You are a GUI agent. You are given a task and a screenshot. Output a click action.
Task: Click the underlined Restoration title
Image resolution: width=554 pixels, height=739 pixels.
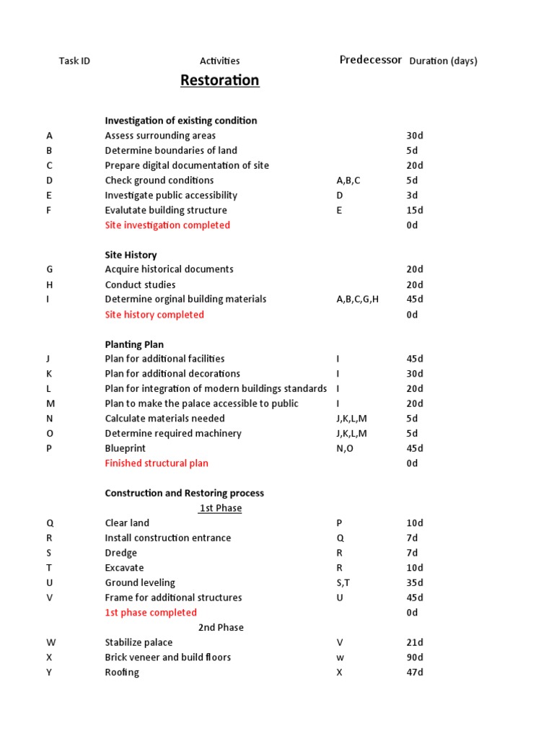click(219, 80)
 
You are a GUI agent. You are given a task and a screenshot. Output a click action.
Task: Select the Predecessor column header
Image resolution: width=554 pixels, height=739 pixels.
click(370, 60)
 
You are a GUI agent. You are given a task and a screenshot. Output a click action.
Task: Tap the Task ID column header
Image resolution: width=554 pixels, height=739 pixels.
click(74, 61)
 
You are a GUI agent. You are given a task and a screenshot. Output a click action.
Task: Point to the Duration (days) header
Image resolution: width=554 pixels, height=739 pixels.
click(443, 61)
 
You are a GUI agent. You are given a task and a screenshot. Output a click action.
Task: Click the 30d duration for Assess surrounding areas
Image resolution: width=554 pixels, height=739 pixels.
click(415, 136)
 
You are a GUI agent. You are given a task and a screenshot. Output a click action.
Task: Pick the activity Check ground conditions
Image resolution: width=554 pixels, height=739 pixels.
click(159, 180)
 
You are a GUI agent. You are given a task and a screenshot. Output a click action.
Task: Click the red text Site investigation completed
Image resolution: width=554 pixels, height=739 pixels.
click(167, 225)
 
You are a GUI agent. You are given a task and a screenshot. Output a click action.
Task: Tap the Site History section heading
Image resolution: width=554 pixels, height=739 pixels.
click(131, 255)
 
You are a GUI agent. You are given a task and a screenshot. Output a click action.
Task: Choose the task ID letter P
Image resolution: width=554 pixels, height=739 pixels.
click(49, 448)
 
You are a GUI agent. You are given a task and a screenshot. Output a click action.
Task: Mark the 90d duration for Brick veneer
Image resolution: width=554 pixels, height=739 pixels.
click(415, 657)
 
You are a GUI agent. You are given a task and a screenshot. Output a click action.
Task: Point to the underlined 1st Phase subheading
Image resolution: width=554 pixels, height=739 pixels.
click(221, 508)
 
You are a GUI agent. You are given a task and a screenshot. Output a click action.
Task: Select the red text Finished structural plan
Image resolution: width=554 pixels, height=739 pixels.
click(157, 463)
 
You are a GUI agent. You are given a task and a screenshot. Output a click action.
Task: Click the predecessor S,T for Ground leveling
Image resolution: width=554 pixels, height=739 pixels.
click(345, 582)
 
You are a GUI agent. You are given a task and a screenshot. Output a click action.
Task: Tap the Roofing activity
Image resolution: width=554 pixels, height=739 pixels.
click(122, 673)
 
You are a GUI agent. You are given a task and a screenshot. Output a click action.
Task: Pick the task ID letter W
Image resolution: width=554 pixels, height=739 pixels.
click(50, 642)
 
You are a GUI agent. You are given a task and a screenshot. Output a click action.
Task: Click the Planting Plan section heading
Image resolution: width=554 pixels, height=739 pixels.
click(134, 344)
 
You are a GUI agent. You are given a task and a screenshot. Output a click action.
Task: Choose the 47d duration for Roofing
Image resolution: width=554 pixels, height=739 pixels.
click(415, 673)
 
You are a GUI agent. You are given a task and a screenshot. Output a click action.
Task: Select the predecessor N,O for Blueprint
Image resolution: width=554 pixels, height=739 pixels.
click(346, 448)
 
